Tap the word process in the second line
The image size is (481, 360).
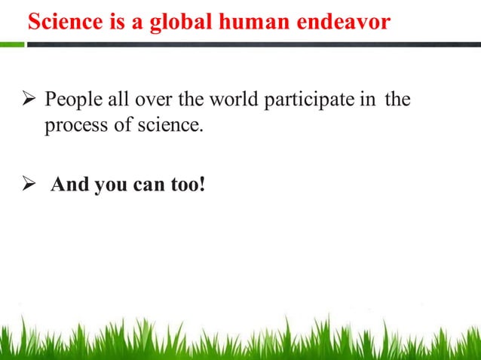[x=72, y=125]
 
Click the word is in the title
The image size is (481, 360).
[x=109, y=22]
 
